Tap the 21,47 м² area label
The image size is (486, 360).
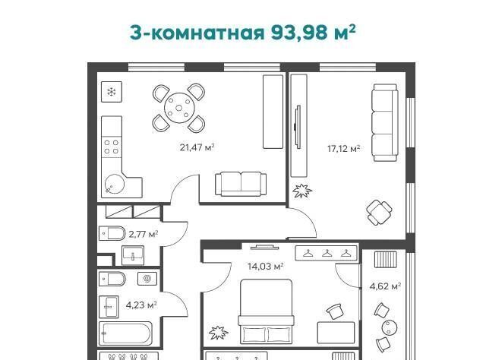197,147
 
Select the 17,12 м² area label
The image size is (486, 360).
344,149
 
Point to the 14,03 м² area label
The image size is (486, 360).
266,267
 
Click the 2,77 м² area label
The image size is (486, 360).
144,234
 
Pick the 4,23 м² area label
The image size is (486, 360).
141,305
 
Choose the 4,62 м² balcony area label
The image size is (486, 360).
385,286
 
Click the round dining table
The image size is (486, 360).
179,108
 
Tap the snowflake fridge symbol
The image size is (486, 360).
112,92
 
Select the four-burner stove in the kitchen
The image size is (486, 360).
112,147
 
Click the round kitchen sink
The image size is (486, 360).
115,185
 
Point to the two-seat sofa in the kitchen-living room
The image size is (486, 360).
241,185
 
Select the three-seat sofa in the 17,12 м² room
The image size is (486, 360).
385,122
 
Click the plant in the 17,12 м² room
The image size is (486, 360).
302,191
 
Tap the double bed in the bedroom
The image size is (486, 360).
266,311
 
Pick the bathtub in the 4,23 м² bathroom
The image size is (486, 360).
125,333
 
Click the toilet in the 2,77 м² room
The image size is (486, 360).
112,233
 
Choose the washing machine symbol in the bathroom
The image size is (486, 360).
147,279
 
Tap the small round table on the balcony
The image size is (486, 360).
389,327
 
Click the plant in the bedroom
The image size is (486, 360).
219,333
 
